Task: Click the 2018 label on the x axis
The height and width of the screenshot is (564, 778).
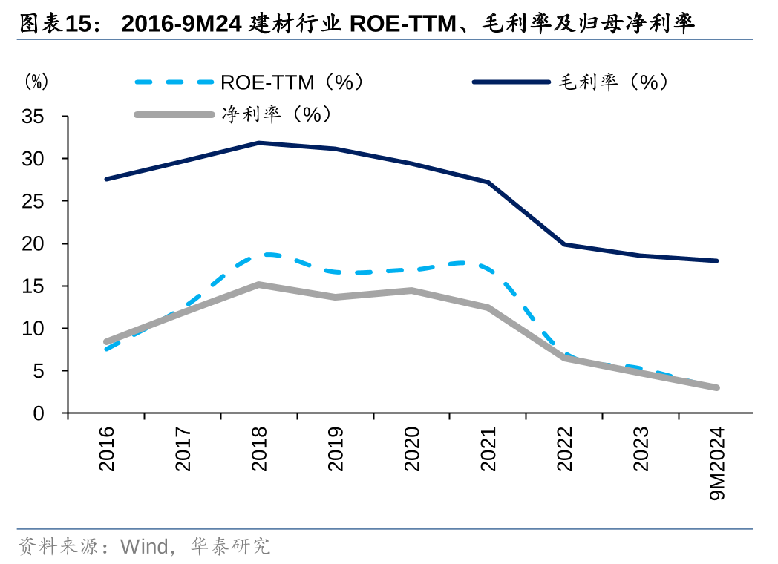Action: click(259, 449)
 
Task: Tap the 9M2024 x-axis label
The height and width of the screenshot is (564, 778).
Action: click(717, 464)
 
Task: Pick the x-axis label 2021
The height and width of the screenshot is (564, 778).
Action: click(488, 449)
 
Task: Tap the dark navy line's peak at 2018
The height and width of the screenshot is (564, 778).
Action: click(259, 142)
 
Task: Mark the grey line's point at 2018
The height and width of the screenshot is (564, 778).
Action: click(259, 284)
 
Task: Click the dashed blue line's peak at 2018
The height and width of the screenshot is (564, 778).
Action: click(259, 255)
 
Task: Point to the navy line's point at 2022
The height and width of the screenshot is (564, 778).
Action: click(565, 244)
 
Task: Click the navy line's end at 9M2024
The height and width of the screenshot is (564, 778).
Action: click(716, 260)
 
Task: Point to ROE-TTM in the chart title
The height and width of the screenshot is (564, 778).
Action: click(402, 24)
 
